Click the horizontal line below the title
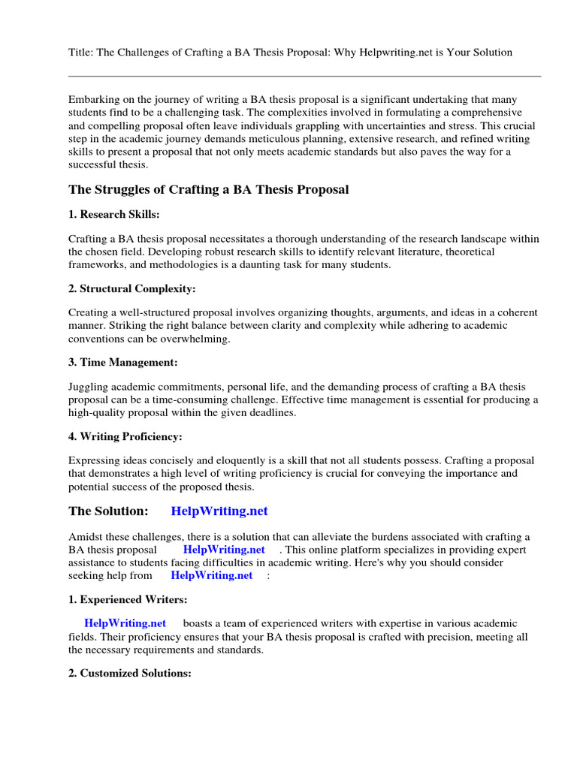[304, 76]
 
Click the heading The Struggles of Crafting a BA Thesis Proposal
[209, 189]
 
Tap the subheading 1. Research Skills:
[113, 214]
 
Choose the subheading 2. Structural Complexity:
[132, 288]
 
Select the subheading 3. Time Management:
[123, 363]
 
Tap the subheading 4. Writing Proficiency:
[125, 436]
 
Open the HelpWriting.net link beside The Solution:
[219, 511]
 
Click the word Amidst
[85, 537]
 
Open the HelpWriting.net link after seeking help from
[212, 575]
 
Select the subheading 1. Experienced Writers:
[128, 599]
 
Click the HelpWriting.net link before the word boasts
[125, 623]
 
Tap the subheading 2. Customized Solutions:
[130, 674]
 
